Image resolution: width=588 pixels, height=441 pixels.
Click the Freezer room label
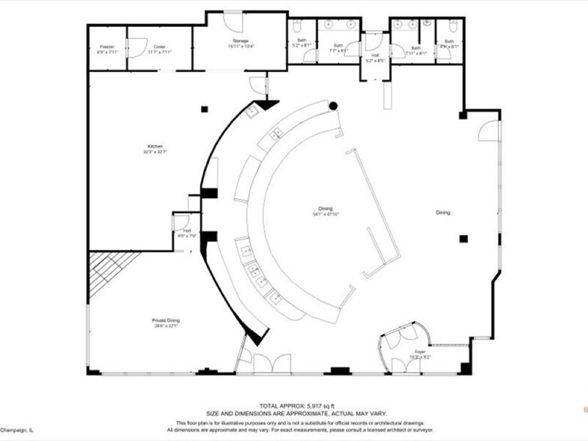[x=106, y=49]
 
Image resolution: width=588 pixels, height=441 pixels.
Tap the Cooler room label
[x=160, y=49]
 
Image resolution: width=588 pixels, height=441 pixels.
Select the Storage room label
[x=240, y=43]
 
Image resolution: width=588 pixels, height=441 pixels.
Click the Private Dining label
[x=166, y=322]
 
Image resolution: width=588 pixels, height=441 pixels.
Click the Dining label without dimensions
[x=443, y=212]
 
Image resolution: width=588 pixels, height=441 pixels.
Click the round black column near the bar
[x=333, y=106]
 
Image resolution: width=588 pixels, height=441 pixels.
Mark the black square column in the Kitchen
[x=204, y=109]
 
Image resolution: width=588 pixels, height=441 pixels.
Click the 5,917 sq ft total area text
[x=293, y=405]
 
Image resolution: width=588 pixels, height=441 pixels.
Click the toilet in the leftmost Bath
[x=297, y=28]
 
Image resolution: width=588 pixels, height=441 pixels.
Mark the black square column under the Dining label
[x=463, y=239]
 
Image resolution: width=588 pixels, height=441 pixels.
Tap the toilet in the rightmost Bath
[x=450, y=25]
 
